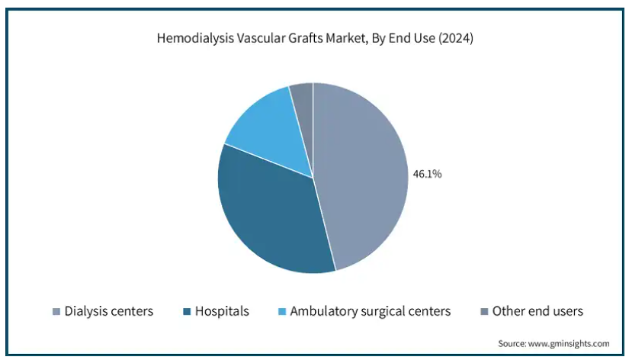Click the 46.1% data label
tap(427, 174)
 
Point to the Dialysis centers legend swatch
tap(56, 311)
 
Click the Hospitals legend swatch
tap(187, 311)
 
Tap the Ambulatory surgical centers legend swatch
tap(282, 311)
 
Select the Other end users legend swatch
tap(484, 311)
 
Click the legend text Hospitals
tap(222, 311)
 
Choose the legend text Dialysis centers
tap(109, 311)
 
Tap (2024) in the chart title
tap(456, 38)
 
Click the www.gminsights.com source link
tap(569, 343)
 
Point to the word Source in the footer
tap(512, 343)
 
